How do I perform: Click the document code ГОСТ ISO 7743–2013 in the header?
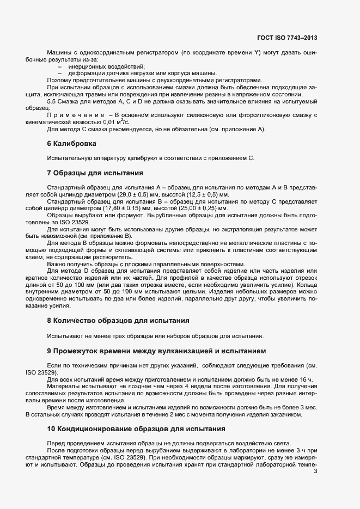(286, 38)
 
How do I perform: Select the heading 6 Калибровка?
(71, 144)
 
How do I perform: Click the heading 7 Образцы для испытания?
(95, 173)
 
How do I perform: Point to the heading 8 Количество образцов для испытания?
(118, 321)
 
